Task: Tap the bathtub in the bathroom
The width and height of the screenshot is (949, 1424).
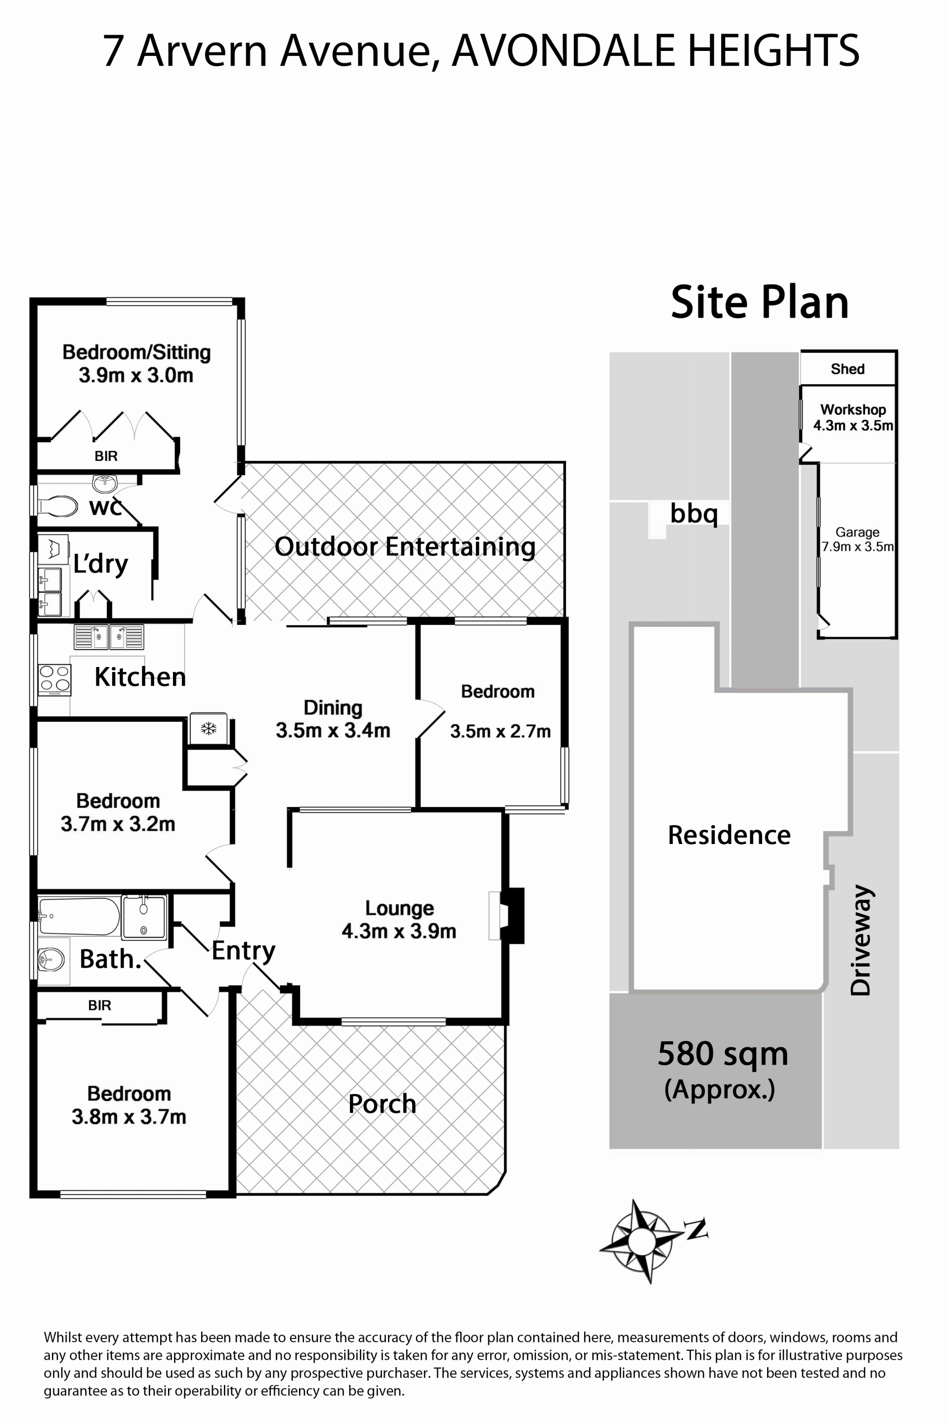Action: point(79,916)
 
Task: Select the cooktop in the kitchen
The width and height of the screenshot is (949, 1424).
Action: point(54,679)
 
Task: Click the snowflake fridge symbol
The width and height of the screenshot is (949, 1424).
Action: point(209,728)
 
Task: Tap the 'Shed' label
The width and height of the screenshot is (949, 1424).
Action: point(847,369)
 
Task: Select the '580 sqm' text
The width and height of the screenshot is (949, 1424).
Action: point(723,1054)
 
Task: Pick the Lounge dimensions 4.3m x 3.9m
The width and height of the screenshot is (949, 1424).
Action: point(399,931)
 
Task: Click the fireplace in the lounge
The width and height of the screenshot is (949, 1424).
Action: point(507,915)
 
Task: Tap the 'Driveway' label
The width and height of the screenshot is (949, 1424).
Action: point(860,939)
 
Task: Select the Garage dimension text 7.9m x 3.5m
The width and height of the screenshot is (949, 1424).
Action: point(857,547)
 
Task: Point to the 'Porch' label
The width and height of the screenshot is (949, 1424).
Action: point(382,1104)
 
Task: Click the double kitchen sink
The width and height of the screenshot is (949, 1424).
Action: point(109,637)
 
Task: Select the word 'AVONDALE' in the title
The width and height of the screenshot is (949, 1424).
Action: point(564,50)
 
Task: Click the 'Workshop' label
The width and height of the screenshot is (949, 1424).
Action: point(853,410)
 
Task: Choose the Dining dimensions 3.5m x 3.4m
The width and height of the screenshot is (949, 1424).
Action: point(333,731)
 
